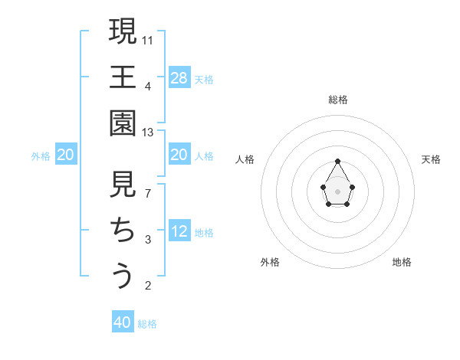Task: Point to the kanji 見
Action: [x=123, y=185]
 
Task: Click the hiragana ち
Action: [x=123, y=230]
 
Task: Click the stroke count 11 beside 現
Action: [x=148, y=40]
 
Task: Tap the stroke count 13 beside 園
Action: [x=148, y=133]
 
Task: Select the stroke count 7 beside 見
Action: [x=148, y=194]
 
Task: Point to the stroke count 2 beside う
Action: [x=148, y=286]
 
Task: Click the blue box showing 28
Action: [x=179, y=77]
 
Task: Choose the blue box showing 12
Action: [x=179, y=231]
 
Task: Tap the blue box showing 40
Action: [x=123, y=322]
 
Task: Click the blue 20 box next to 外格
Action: [x=65, y=155]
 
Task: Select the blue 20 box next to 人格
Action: [x=179, y=155]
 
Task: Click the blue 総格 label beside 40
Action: [x=147, y=324]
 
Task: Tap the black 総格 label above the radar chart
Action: [x=337, y=100]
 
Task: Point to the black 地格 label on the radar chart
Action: [x=402, y=262]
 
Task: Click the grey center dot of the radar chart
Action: [x=337, y=190]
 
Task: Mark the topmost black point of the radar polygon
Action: [x=337, y=161]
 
